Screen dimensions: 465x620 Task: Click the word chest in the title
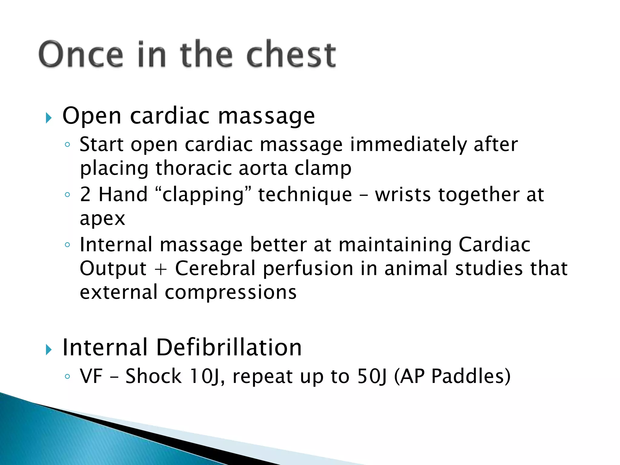(291, 54)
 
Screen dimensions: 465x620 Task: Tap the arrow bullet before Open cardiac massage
(48, 117)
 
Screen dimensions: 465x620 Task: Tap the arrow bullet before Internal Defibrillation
(48, 349)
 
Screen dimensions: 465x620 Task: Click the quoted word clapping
(203, 195)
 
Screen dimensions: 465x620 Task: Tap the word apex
(102, 219)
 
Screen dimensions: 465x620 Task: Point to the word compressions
(230, 292)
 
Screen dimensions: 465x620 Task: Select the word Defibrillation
(229, 348)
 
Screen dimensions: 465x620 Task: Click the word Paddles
(471, 376)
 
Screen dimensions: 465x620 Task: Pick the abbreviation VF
(91, 376)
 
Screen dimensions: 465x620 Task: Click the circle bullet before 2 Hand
(68, 195)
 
